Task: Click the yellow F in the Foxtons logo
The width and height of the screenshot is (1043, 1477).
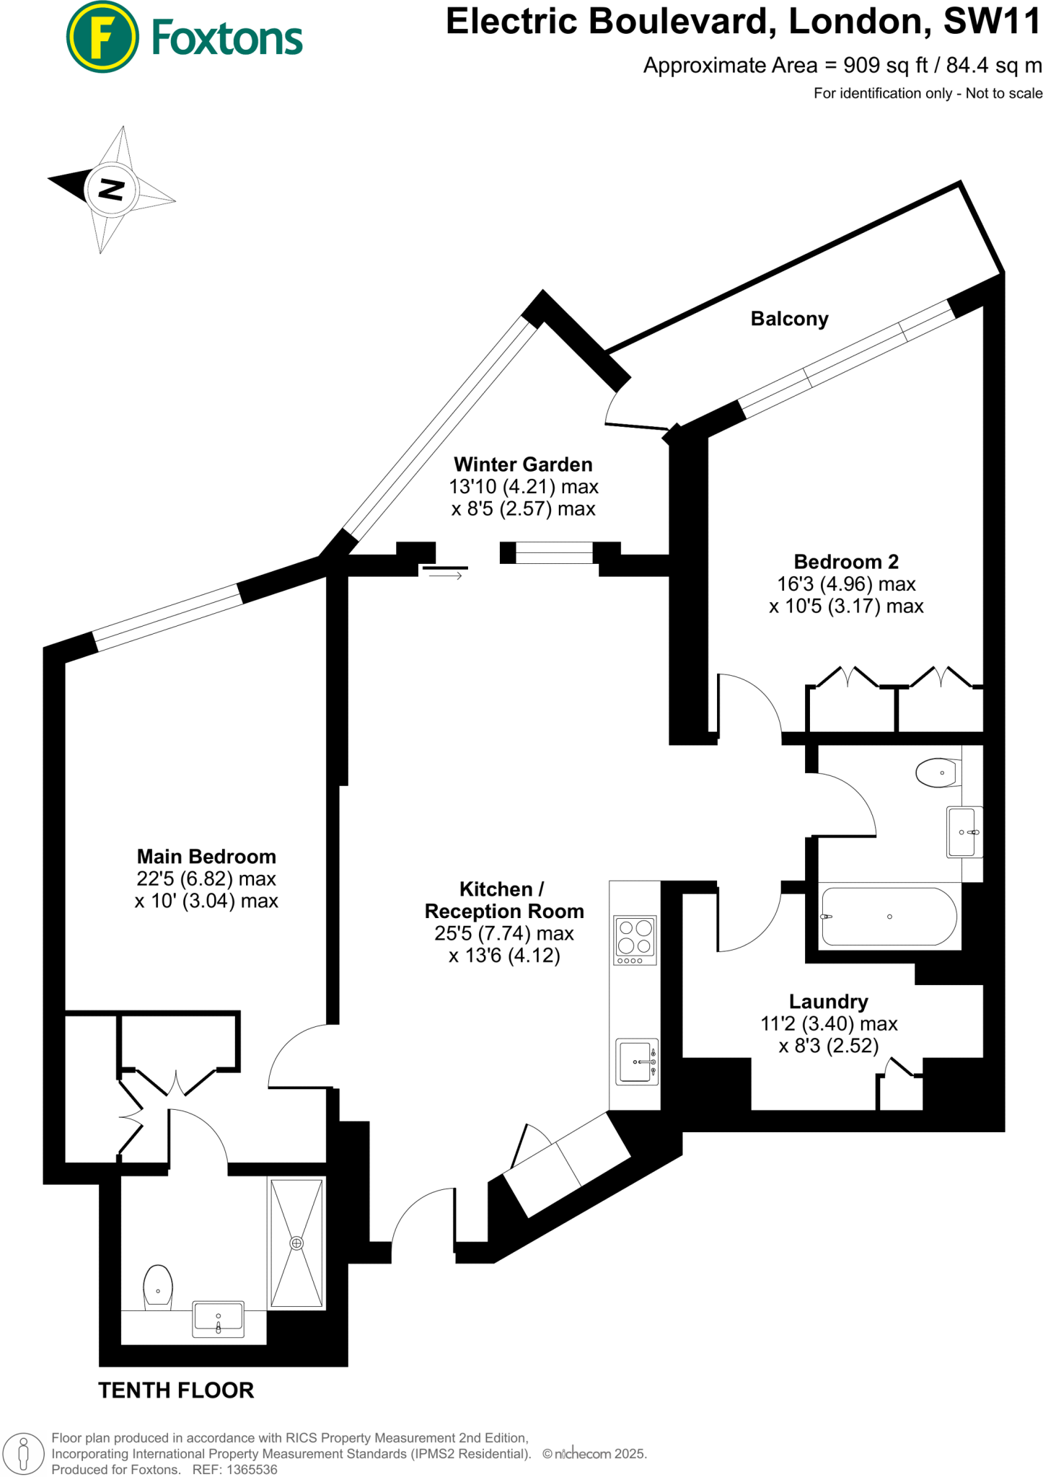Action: point(102,37)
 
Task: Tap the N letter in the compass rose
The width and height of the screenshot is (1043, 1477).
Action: point(111,190)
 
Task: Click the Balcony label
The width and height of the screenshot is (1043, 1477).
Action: point(789,319)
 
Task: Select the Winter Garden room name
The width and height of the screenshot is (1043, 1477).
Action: point(523,464)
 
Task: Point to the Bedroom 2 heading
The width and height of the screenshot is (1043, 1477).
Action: point(846,562)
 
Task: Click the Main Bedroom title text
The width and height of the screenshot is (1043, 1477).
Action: point(206,857)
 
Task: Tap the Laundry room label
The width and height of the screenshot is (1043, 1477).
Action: point(828,1002)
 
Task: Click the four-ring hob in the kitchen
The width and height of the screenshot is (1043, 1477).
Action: point(635,939)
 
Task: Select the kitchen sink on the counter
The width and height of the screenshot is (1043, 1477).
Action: point(635,1062)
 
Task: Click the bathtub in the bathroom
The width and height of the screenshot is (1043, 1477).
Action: point(889,917)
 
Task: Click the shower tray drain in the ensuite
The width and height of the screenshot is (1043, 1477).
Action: point(296,1243)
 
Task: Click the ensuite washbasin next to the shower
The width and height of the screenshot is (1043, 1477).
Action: point(218,1319)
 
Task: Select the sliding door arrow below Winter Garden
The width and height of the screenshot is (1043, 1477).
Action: point(446,576)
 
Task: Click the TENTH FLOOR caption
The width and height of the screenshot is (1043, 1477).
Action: point(176,1390)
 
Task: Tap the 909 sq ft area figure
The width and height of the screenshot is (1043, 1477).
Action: point(885,66)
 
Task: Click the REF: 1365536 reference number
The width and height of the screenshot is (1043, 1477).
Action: point(235,1469)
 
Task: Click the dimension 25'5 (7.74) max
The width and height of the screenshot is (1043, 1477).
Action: point(503,933)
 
